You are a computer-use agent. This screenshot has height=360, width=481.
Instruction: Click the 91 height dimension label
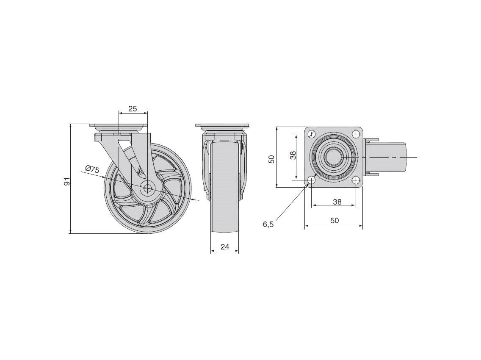click(x=67, y=181)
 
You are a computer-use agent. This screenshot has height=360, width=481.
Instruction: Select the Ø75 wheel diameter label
click(x=92, y=169)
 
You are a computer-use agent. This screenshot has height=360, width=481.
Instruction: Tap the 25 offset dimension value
click(x=133, y=109)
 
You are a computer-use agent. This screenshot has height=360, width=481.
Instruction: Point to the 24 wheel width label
click(x=225, y=247)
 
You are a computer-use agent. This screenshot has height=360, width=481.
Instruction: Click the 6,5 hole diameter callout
click(x=268, y=224)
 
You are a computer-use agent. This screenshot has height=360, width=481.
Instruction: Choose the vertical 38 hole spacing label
click(x=293, y=155)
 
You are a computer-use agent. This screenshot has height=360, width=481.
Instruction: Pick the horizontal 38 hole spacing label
click(x=337, y=202)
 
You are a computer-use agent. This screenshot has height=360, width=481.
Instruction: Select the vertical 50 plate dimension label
click(x=271, y=159)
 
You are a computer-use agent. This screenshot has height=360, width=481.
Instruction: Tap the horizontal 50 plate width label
click(x=334, y=220)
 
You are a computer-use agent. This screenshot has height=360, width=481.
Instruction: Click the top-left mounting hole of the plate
click(x=312, y=134)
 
